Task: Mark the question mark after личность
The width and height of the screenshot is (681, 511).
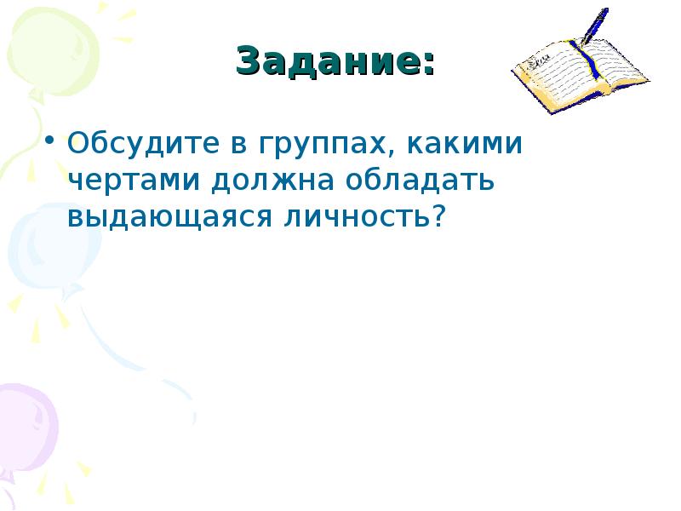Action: point(438,217)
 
